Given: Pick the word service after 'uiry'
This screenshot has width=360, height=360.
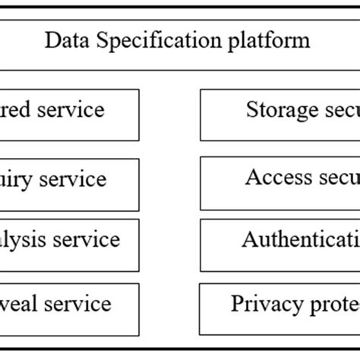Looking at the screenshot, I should (71, 180).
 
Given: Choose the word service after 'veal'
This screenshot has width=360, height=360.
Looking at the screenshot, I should (76, 305).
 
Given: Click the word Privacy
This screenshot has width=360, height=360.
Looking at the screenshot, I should (265, 305).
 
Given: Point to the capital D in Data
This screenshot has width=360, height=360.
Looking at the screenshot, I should (51, 39).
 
